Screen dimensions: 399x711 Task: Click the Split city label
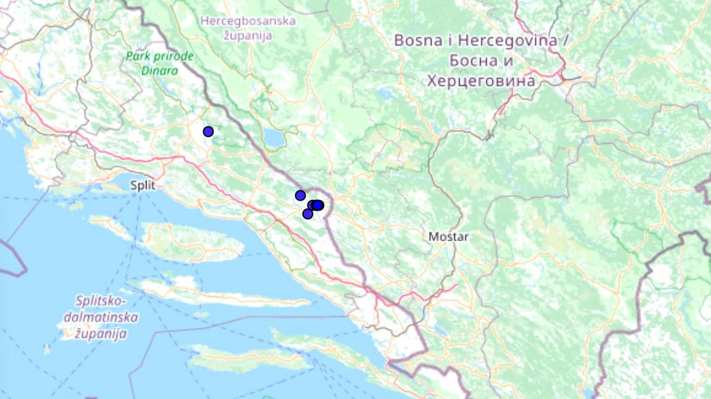tap(143, 185)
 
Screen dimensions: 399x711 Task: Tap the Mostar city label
tap(449, 237)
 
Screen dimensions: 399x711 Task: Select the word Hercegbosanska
tap(248, 21)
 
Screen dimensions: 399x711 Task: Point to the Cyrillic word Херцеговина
tap(481, 80)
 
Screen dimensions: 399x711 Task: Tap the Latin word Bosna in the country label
tap(417, 41)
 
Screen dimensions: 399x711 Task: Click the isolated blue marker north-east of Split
tap(208, 131)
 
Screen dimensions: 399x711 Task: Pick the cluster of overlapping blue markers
tap(316, 205)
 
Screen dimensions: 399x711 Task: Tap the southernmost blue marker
tap(308, 214)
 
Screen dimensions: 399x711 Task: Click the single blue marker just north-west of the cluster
tap(300, 195)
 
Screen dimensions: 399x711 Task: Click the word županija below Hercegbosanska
tap(248, 36)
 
